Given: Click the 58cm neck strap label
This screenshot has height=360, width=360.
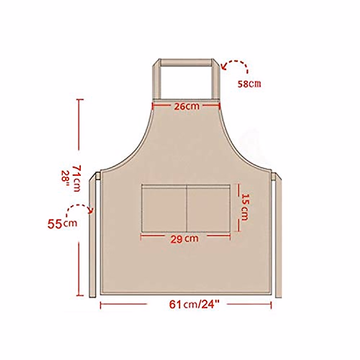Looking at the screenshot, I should tap(249, 84).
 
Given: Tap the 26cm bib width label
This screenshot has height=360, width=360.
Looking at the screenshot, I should tap(187, 106).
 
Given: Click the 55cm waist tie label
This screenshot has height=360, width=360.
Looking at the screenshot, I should tap(62, 224).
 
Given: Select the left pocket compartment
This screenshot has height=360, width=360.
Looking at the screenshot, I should tap(164, 209).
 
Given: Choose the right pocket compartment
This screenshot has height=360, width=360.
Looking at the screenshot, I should tap(208, 209).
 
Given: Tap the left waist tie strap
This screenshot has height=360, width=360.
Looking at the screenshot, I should tap(92, 240).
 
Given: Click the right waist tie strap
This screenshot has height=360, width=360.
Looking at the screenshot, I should tap(279, 240).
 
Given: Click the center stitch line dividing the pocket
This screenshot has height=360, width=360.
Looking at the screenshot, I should tap(187, 209).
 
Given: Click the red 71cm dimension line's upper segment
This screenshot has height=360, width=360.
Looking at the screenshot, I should tap(79, 124).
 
